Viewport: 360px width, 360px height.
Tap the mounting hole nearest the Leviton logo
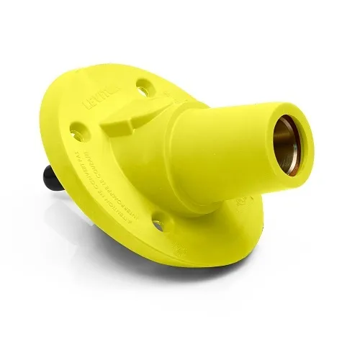142,88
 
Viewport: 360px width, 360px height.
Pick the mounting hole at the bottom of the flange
158,225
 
